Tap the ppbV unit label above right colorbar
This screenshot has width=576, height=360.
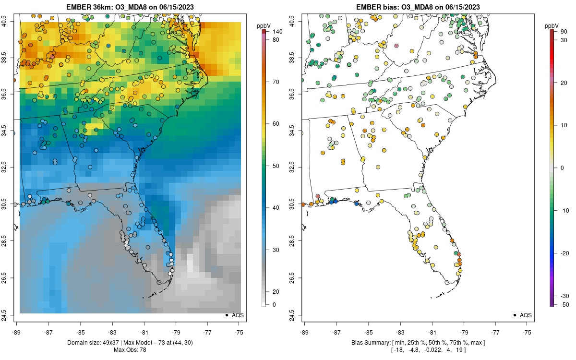552,25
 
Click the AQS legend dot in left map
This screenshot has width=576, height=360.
226,315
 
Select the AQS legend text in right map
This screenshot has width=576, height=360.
526,315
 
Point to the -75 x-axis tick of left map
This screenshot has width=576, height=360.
239,332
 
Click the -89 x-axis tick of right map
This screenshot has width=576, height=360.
304,332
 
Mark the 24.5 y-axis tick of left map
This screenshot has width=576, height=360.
9,315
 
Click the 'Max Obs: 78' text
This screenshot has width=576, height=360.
130,350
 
